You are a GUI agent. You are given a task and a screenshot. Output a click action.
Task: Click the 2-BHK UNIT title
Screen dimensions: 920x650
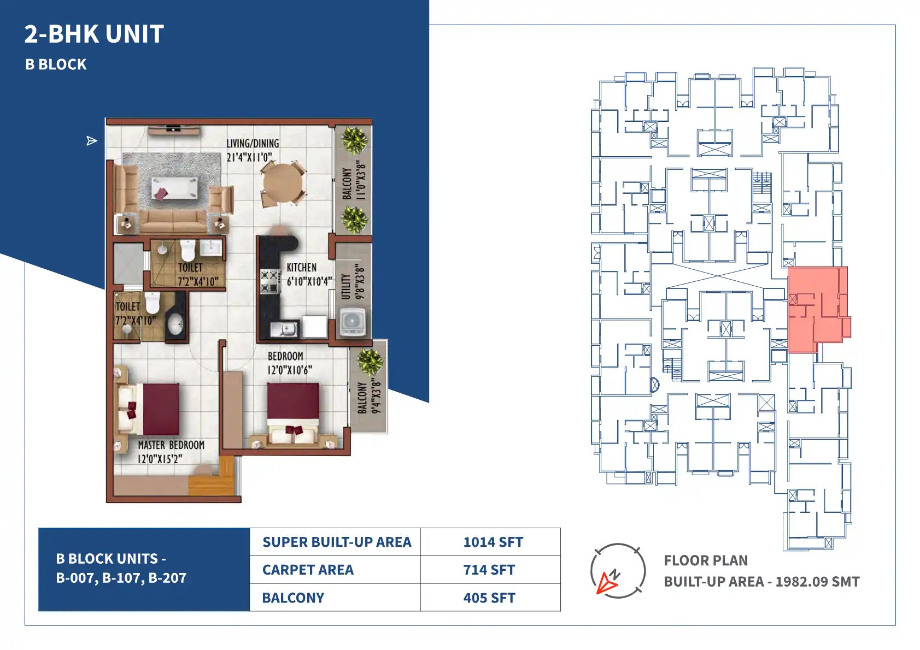(x=94, y=34)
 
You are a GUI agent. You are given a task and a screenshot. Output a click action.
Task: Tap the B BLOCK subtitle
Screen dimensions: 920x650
(x=56, y=64)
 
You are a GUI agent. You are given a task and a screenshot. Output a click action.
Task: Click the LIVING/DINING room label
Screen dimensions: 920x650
(x=253, y=143)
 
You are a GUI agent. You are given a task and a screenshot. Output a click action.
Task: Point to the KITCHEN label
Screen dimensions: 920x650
(x=301, y=268)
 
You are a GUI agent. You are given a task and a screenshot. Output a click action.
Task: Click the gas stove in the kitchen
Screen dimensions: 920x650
(x=270, y=281)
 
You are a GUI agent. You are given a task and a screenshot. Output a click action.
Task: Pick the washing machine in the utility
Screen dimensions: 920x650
(x=353, y=322)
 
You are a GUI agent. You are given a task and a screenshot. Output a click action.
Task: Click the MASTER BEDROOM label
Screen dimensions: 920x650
(x=171, y=445)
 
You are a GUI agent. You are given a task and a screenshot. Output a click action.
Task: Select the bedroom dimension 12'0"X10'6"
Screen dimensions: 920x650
(x=290, y=370)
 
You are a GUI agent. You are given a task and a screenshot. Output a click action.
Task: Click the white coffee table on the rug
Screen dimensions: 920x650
(x=174, y=189)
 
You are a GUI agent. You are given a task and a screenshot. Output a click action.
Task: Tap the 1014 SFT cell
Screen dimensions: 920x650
(x=493, y=542)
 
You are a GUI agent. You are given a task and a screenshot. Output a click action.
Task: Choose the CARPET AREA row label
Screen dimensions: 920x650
(x=308, y=570)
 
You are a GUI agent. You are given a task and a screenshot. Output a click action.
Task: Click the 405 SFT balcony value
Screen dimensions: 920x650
(x=489, y=598)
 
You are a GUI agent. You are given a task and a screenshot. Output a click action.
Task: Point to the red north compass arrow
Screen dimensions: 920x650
(x=606, y=583)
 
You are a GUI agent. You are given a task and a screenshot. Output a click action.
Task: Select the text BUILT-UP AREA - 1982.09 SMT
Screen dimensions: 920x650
(x=761, y=582)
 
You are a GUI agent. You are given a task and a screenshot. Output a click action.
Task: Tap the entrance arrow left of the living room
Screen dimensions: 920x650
(x=92, y=141)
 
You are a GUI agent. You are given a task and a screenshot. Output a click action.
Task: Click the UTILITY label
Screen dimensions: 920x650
(x=346, y=287)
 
